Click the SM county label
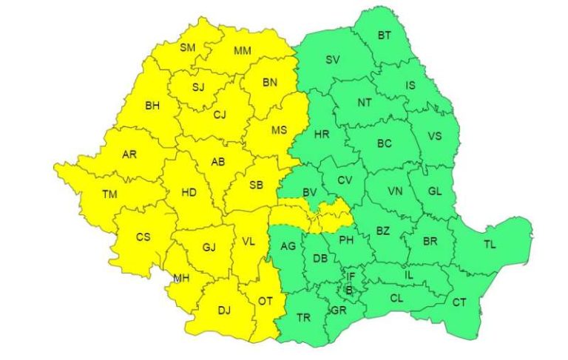(188, 48)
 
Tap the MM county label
(242, 51)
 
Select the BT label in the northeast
(385, 35)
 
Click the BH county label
(152, 106)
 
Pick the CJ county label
(220, 115)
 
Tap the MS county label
(278, 130)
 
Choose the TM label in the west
(109, 194)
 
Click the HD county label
(189, 193)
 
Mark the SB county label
(256, 185)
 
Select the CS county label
(143, 237)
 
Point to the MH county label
(181, 278)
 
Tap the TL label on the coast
(490, 244)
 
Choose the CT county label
(459, 302)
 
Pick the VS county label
(435, 136)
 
